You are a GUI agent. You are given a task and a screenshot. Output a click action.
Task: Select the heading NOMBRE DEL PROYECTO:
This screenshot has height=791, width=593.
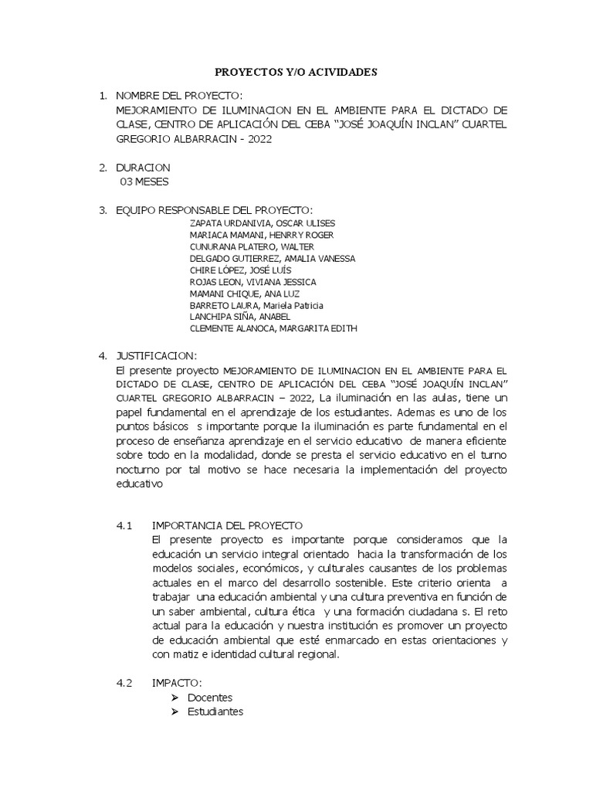click(178, 95)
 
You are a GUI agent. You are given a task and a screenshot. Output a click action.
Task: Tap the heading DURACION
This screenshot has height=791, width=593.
click(143, 168)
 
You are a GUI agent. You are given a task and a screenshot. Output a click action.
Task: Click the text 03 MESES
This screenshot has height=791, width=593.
click(144, 182)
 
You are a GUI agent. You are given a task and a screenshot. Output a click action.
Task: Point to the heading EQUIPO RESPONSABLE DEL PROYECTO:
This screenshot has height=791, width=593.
click(214, 210)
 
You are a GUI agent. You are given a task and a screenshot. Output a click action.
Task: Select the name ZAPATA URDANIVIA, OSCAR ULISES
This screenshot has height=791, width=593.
click(256, 223)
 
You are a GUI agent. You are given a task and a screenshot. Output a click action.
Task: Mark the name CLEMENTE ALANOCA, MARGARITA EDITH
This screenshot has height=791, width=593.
click(273, 328)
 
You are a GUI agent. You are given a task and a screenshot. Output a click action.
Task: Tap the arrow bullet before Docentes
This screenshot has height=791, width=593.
click(175, 698)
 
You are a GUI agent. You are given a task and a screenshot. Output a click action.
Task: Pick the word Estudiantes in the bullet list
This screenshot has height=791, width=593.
click(215, 711)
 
